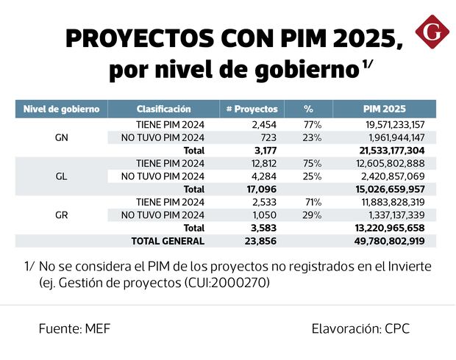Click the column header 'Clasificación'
[x=163, y=109]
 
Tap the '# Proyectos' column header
[x=252, y=109]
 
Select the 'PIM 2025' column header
[x=384, y=109]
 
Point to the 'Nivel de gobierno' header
[x=62, y=109]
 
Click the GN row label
[x=62, y=137]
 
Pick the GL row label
[x=62, y=176]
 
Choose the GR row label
[x=62, y=215]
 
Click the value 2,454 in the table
[x=263, y=125]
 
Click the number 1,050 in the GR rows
[x=265, y=215]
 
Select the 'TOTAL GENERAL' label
[x=168, y=241]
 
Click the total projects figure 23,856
[x=261, y=241]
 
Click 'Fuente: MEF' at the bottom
[x=74, y=328]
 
